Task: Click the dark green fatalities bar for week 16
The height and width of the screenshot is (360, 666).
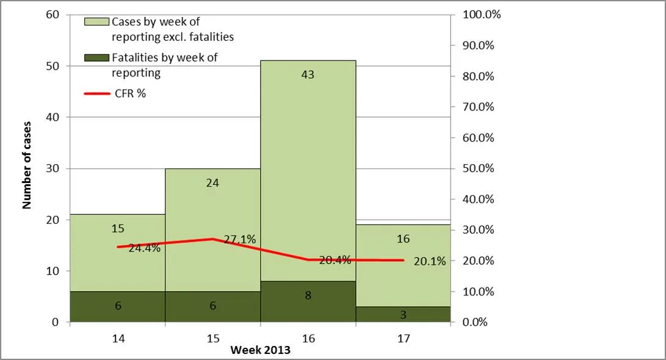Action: pos(308,301)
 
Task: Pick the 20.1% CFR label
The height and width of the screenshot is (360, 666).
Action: pos(429,261)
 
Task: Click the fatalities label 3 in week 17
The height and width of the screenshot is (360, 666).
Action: pos(404,315)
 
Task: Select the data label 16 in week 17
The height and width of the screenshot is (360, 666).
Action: pos(403,239)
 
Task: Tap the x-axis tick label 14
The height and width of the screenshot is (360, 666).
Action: pos(118,337)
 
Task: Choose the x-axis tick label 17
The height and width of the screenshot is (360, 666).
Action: pos(403,337)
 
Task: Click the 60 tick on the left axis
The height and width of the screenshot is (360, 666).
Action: pos(53,15)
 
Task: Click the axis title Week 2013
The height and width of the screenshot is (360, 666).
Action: pos(260,350)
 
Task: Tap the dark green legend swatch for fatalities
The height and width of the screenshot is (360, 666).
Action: pos(97,58)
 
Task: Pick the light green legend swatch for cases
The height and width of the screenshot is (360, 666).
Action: pos(97,21)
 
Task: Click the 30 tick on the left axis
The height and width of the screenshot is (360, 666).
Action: pos(53,168)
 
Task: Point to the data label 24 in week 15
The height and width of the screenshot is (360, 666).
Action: pos(212,182)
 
